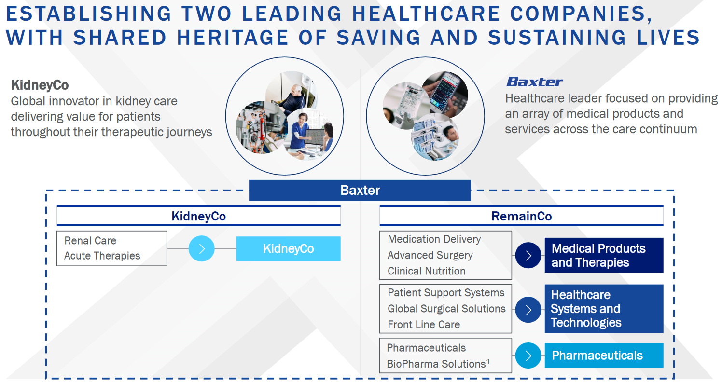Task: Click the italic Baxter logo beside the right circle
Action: pos(534,82)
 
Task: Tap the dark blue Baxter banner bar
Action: pos(360,190)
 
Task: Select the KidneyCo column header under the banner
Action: pos(198,216)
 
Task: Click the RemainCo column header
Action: pos(521,216)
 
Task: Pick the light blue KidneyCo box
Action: pos(288,249)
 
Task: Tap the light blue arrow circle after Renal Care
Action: pos(201,249)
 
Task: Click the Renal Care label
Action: pos(90,241)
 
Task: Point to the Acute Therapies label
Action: pos(102,256)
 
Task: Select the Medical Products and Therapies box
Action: pos(604,255)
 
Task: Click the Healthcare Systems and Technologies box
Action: pos(604,309)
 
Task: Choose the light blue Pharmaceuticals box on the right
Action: pos(604,356)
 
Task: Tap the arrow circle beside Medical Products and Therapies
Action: pos(528,256)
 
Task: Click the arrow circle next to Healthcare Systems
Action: pos(528,310)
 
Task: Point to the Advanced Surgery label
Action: pos(430,255)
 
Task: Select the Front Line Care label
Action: pos(424,325)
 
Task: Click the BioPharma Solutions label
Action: pos(438,363)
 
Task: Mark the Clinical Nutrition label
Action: pos(427,271)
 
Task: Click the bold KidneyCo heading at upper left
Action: pos(40,85)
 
